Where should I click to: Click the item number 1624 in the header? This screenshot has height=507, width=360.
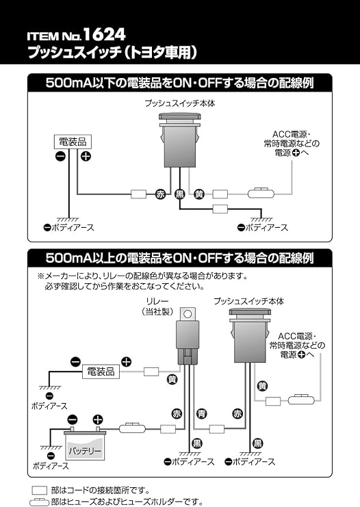(107, 34)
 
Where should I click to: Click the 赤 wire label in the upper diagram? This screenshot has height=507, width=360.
(161, 194)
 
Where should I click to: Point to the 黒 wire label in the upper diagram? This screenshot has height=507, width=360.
(180, 194)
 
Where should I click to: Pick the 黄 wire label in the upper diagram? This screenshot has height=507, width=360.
(199, 194)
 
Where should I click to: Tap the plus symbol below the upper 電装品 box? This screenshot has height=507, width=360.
(86, 157)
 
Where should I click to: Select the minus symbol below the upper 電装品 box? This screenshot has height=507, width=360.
(60, 157)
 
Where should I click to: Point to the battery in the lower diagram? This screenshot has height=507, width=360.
(84, 444)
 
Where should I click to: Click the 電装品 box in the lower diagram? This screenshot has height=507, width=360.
(101, 372)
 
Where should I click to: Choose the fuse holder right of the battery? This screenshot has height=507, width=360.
(131, 429)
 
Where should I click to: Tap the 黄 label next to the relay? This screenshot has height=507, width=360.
(172, 378)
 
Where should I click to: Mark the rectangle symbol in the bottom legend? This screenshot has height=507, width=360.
(40, 491)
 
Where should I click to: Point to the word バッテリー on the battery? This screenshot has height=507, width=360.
(84, 452)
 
